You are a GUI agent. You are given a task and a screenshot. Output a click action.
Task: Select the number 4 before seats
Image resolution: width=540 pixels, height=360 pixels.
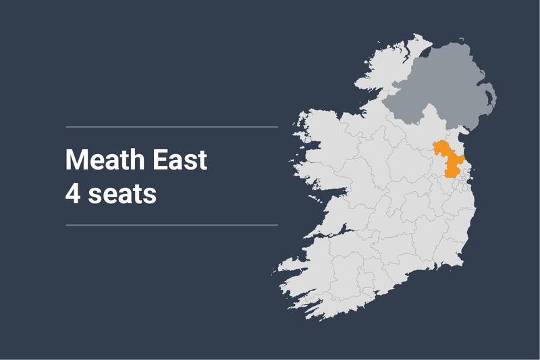coord(72,194)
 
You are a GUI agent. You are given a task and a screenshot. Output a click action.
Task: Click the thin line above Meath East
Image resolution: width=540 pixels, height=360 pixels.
coord(171,126)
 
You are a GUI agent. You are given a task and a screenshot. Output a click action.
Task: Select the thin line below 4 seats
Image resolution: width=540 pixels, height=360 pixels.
coord(171,225)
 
